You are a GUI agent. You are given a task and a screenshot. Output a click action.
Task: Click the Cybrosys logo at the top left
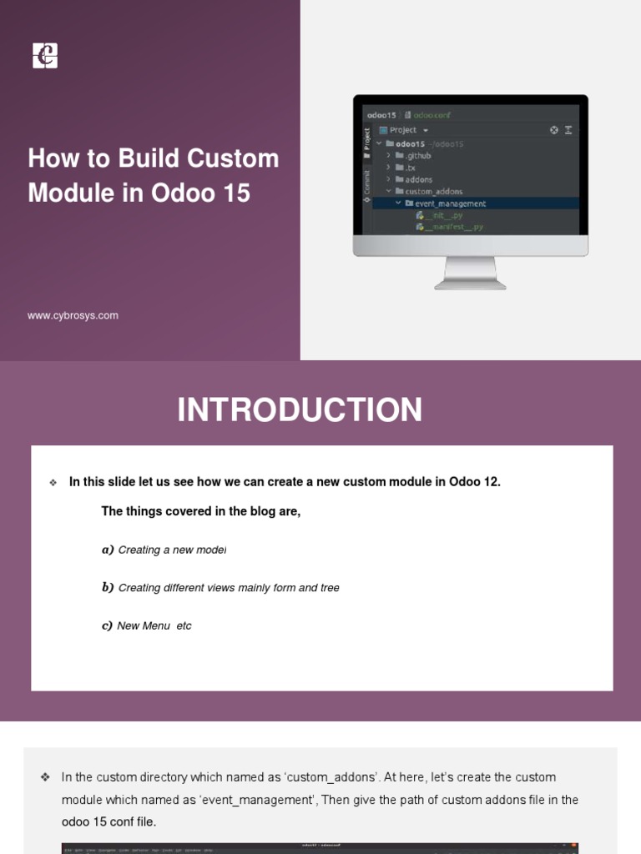(45, 56)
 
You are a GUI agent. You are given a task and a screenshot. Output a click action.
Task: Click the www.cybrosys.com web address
(73, 315)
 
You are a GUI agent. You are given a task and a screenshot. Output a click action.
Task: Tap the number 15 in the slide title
(236, 193)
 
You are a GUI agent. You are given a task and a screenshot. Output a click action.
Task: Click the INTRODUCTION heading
(300, 410)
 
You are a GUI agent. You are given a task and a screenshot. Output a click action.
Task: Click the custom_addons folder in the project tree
(433, 192)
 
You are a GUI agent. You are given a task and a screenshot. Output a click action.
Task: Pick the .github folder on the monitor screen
(417, 156)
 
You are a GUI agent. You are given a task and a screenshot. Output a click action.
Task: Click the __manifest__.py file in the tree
(454, 227)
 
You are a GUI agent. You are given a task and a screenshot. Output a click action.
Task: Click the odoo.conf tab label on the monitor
(432, 115)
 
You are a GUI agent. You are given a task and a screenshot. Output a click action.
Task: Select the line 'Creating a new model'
(172, 550)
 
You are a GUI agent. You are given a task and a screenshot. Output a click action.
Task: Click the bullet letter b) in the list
(108, 588)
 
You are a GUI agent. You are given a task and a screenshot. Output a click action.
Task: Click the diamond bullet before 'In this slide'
(53, 483)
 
